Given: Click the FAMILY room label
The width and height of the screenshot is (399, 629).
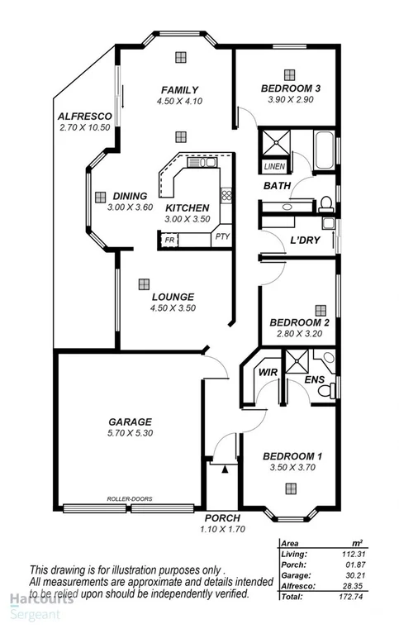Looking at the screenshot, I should point(179,90).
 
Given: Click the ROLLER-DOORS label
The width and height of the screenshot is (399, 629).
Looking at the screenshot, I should point(130,498).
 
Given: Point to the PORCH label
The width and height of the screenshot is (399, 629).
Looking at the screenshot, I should point(222,518).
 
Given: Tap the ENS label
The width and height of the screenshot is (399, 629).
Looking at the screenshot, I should point(313,379).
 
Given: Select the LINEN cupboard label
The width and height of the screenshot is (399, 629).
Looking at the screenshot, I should point(273,166).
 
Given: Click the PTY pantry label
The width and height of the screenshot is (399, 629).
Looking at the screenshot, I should point(222,236).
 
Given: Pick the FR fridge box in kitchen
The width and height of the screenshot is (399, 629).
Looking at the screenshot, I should point(169,240).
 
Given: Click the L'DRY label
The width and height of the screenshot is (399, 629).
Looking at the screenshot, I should point(305,241).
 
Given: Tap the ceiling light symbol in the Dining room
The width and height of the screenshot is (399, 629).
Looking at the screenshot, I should point(101,197).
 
